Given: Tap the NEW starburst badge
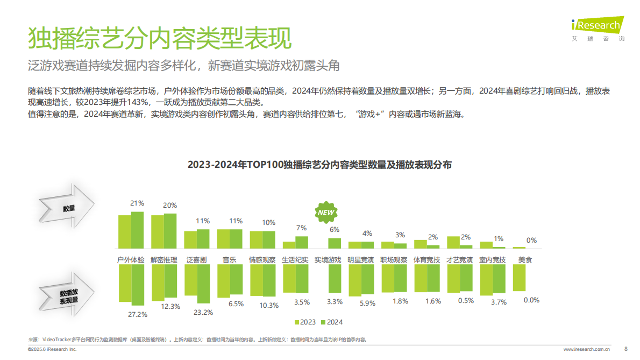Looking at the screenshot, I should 326,212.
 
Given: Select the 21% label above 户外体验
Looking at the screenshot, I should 137,203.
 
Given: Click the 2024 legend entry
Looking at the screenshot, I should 331,322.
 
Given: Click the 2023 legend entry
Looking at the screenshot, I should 305,322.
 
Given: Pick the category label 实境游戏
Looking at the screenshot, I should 328,259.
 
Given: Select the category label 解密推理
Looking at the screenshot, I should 164,259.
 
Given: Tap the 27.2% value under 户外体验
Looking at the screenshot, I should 138,314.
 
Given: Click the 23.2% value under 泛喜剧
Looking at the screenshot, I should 203,312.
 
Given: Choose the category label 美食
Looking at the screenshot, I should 525,259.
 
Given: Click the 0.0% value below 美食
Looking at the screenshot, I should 531,300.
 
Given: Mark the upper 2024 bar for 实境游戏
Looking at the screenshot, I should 335,243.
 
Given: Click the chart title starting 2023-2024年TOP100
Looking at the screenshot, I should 319,165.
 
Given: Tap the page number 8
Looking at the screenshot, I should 625,349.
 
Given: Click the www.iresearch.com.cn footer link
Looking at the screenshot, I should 587,349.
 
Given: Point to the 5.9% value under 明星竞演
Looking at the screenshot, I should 367,303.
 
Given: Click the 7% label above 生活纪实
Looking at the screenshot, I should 302,228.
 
